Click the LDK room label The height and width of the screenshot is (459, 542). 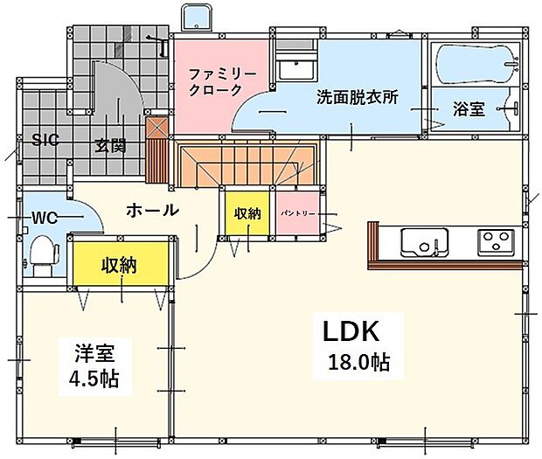click(351, 331)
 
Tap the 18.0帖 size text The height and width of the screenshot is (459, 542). click(359, 363)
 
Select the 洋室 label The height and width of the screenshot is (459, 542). click(94, 353)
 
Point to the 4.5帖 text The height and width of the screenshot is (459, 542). click(94, 379)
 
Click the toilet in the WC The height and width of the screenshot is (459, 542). click(44, 254)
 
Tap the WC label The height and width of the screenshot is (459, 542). click(45, 218)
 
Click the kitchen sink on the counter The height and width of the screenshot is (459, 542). click(425, 242)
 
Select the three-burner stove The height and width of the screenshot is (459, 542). click(496, 242)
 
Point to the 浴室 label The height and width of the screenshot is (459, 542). click(469, 109)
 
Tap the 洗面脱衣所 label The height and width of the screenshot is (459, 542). click(358, 97)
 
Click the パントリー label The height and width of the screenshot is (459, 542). click(297, 213)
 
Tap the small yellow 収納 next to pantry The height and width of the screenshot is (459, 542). click(247, 213)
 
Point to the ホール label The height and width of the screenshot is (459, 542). click(152, 210)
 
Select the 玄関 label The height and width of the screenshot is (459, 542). click(111, 145)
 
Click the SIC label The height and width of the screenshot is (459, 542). click(45, 140)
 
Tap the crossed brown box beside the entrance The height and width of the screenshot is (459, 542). click(157, 129)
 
